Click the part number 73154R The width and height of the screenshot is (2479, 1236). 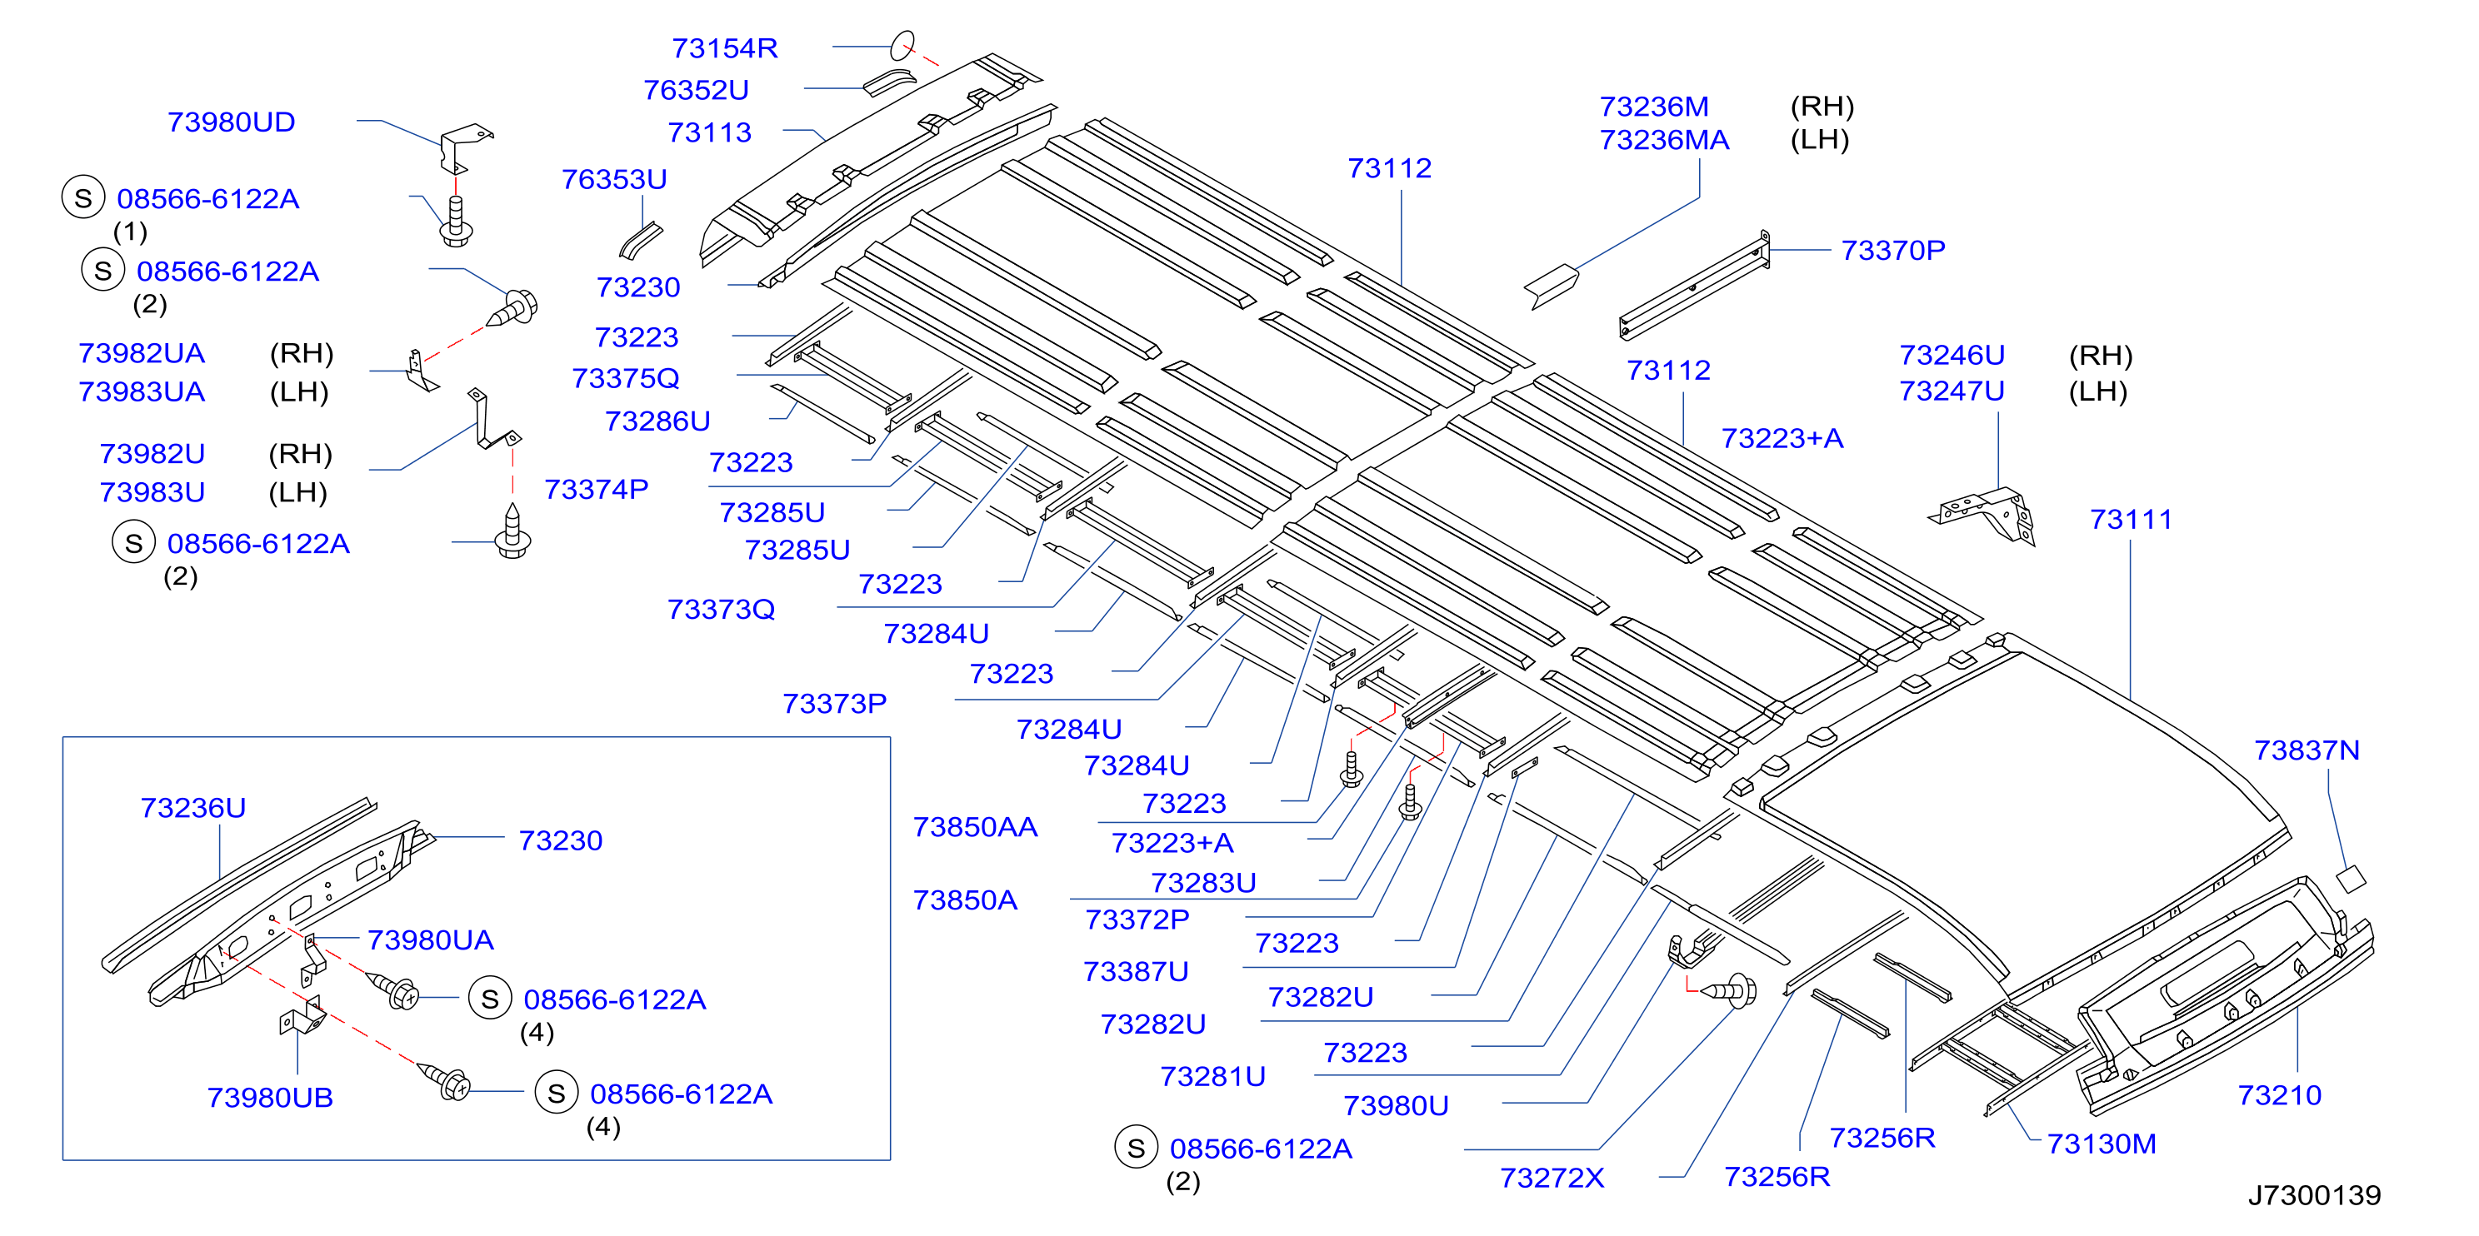click(x=725, y=48)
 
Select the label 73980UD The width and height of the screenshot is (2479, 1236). click(x=231, y=122)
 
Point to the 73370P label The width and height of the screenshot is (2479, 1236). click(x=1893, y=250)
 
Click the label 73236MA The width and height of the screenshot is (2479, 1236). click(x=1664, y=141)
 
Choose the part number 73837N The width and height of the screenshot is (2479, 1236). click(x=2307, y=750)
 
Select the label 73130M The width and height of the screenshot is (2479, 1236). click(x=2101, y=1144)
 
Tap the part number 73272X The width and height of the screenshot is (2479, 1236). click(x=1552, y=1179)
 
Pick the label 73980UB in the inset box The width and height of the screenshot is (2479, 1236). click(x=271, y=1098)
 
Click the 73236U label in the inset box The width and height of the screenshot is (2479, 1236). click(x=192, y=808)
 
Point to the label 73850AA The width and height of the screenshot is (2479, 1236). click(x=975, y=827)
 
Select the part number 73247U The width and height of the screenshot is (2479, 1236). click(x=1952, y=391)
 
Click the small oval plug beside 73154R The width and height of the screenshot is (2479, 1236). click(x=902, y=45)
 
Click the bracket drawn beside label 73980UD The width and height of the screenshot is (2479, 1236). click(x=465, y=147)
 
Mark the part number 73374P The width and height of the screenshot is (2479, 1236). click(x=597, y=490)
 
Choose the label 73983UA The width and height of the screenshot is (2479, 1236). click(x=142, y=392)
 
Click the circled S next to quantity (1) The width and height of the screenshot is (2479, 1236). click(x=83, y=198)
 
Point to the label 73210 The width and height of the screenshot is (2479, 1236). click(x=2279, y=1095)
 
